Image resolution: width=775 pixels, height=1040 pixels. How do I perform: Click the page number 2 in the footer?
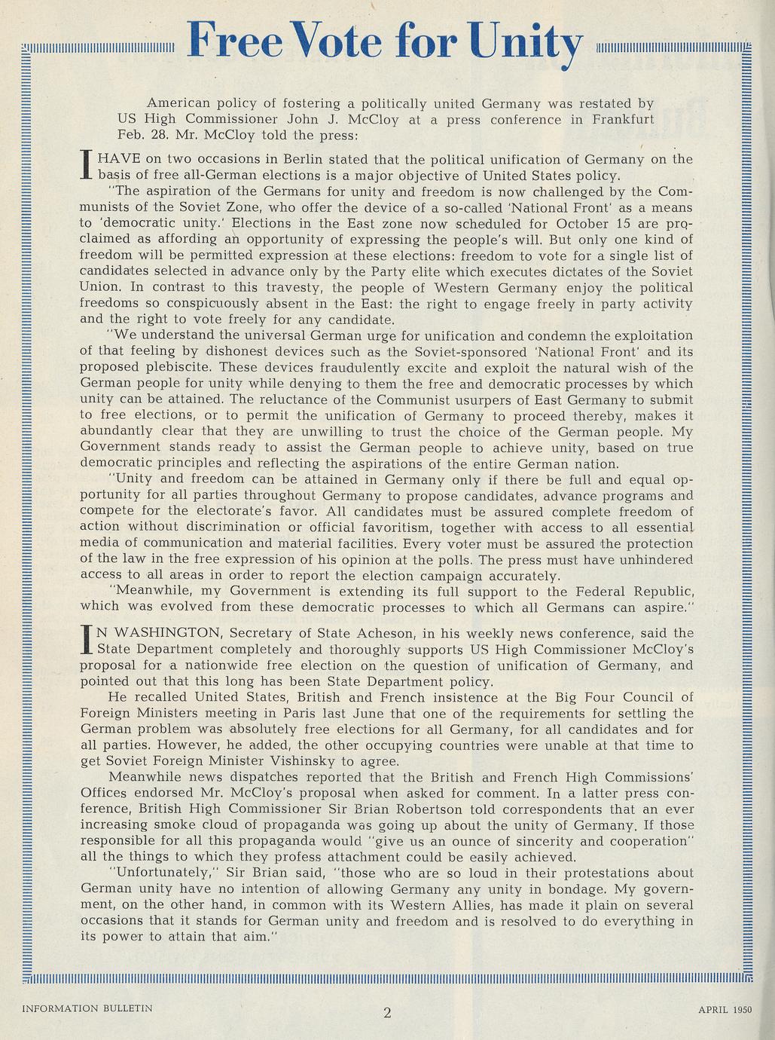387,1012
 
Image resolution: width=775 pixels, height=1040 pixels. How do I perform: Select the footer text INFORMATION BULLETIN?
87,1008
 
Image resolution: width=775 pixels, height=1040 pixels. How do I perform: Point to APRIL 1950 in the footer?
724,1008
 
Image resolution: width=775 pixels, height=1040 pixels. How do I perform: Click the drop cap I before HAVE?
85,166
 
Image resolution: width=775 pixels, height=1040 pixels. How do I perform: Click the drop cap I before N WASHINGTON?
85,641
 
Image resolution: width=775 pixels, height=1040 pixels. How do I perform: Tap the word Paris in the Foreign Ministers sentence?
313,713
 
